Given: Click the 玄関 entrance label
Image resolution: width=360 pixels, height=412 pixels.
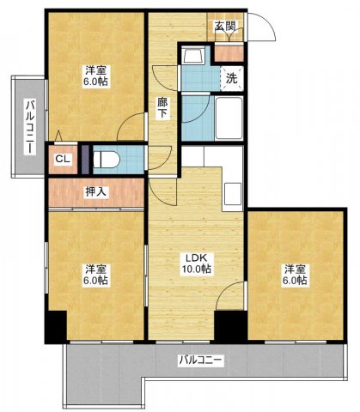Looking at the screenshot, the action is [x=225, y=27].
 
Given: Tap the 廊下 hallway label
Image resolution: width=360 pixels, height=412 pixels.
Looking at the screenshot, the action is [x=162, y=108].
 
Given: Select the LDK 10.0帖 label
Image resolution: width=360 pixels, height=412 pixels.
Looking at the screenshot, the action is [x=196, y=264].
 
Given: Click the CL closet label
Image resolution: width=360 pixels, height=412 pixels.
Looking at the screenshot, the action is [x=63, y=159].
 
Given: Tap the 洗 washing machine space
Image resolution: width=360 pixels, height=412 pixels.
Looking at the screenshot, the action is [x=232, y=78].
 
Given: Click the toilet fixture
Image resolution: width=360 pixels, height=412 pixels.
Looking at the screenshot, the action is [x=107, y=160].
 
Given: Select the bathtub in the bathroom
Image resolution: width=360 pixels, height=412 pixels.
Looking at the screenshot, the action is [x=229, y=118].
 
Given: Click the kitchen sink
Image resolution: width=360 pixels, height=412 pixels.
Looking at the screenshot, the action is [x=232, y=194].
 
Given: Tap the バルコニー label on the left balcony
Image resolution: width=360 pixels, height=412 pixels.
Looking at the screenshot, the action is [x=30, y=126].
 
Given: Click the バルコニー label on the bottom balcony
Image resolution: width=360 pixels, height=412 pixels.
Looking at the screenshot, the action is [x=200, y=360].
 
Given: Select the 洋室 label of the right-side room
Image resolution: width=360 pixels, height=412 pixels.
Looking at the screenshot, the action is [x=296, y=270].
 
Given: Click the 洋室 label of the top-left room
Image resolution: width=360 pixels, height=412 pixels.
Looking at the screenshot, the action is [x=95, y=70].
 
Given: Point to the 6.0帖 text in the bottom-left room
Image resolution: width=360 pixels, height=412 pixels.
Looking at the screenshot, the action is [x=95, y=281].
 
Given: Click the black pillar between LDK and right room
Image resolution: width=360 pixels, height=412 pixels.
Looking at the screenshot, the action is [x=231, y=326].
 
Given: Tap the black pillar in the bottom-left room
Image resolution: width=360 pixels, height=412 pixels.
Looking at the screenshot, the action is [x=56, y=327].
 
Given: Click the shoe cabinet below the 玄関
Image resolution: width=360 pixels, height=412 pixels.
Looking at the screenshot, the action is [x=229, y=53].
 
